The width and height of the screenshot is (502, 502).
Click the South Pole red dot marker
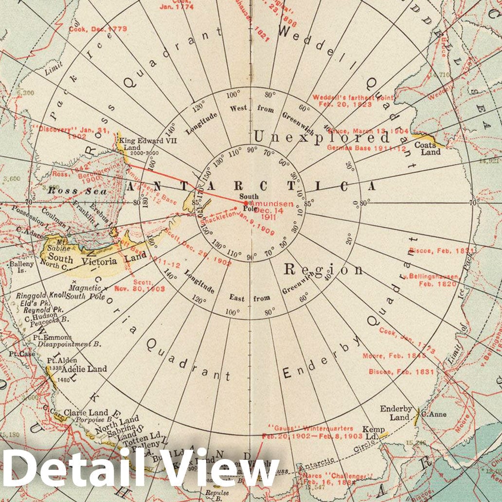247,202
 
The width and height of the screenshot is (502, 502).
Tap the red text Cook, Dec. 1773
98,29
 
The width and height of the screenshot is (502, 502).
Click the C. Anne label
434,414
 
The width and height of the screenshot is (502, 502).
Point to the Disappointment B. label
70,344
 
